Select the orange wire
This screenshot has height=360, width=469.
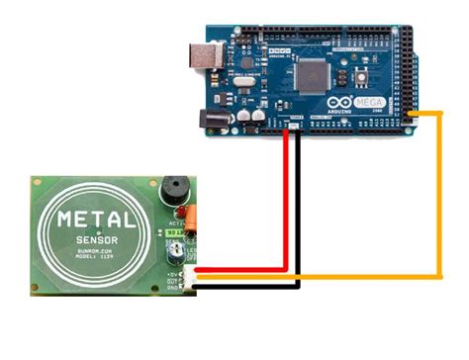point(440,198)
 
